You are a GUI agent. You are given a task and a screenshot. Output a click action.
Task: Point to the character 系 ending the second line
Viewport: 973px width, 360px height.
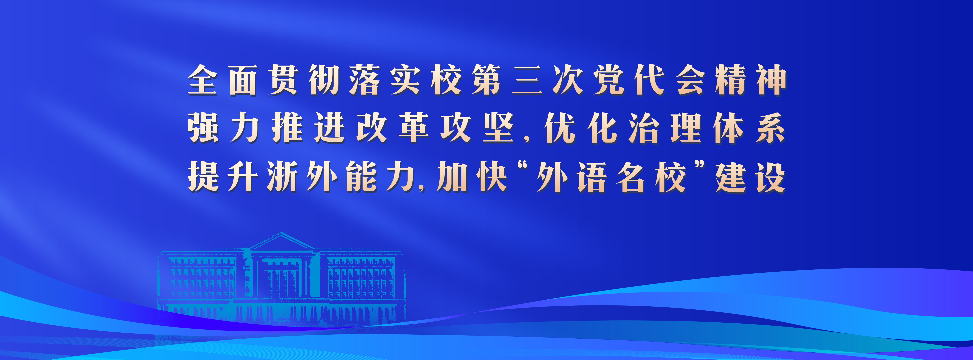point(770,128)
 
